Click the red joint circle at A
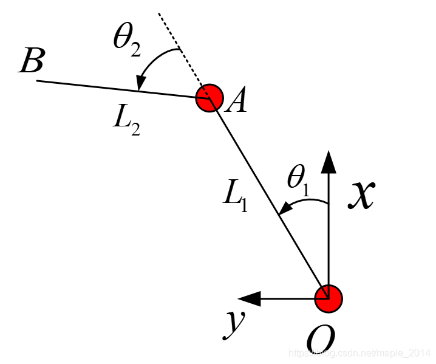(209, 97)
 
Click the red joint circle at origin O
(329, 298)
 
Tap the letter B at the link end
(30, 61)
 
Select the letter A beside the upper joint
(236, 101)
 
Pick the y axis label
(232, 321)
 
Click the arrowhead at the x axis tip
(329, 162)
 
